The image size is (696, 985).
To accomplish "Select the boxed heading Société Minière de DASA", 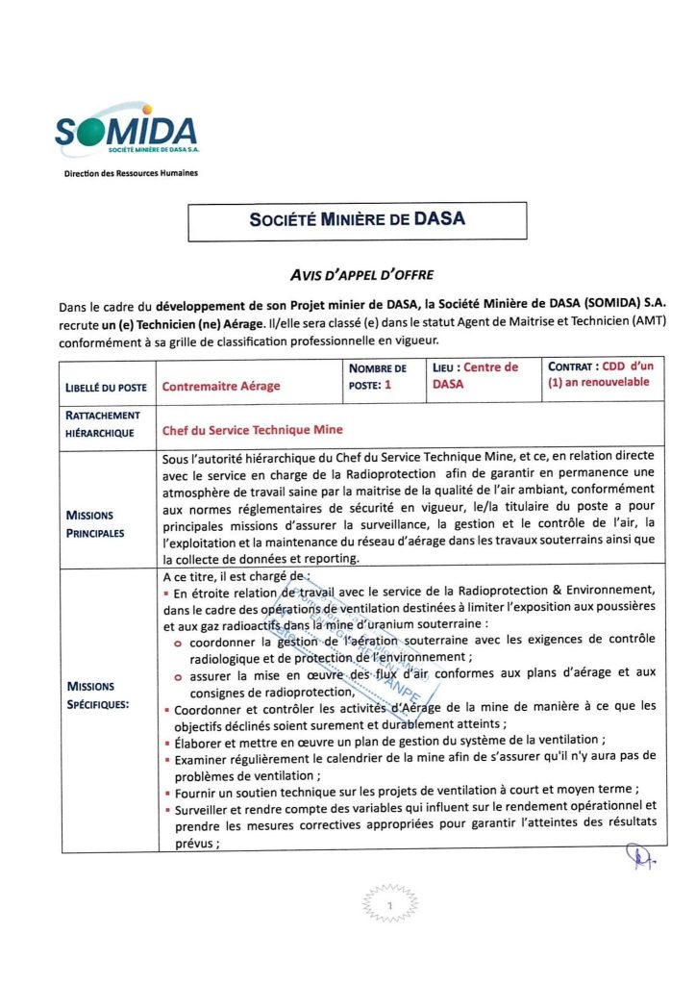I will point(357,219).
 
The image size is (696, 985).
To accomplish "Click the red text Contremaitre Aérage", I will point(221,387).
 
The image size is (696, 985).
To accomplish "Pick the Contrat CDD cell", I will point(599,375).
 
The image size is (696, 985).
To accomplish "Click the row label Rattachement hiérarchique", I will point(104,424).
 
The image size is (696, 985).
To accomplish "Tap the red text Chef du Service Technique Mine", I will point(252,431).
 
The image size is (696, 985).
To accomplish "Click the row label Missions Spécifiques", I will point(97,695).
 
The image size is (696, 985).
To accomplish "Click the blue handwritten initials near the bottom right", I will point(639,856).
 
